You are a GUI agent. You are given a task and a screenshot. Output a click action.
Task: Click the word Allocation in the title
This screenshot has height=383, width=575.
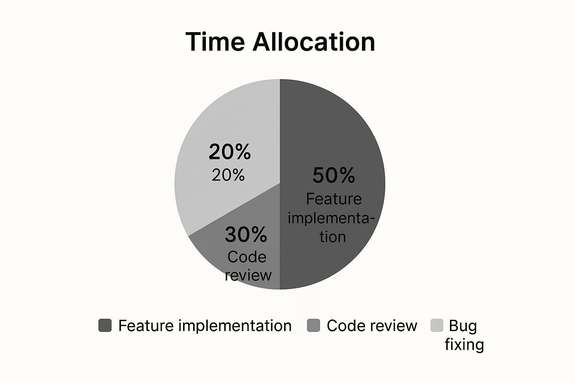click(314, 42)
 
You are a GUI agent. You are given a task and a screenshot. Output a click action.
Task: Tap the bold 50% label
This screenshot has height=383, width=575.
click(334, 175)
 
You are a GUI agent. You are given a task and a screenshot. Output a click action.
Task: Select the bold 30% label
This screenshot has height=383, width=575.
click(246, 235)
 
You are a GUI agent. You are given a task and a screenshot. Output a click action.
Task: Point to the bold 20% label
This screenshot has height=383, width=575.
click(229, 152)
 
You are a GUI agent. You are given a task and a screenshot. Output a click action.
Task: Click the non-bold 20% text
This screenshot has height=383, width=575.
click(228, 175)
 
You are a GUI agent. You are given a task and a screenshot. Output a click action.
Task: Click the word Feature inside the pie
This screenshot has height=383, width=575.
click(334, 199)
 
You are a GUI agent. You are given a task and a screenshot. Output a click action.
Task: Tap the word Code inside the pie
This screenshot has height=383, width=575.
click(247, 257)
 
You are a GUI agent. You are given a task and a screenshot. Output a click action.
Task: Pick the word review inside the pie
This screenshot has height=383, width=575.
click(248, 275)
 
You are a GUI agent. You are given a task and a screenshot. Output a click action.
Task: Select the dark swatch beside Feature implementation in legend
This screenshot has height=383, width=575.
click(105, 325)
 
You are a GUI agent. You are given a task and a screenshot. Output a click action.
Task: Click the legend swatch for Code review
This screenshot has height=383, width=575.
click(313, 325)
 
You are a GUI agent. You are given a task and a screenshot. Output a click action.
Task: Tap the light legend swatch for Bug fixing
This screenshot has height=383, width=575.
click(436, 325)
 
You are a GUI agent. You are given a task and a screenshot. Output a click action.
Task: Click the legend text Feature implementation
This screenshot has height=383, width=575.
click(205, 326)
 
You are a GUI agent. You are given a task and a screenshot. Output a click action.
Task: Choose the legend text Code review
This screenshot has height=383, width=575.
click(372, 326)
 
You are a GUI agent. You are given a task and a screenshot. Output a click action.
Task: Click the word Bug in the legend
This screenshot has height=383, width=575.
click(463, 326)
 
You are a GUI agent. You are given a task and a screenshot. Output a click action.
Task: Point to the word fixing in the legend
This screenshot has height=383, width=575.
click(464, 344)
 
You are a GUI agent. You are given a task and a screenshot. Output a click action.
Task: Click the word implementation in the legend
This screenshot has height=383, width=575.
click(235, 326)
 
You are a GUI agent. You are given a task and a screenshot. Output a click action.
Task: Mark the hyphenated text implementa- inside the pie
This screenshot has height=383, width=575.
click(331, 218)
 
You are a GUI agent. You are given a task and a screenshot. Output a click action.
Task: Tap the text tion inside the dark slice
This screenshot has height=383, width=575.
click(332, 236)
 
